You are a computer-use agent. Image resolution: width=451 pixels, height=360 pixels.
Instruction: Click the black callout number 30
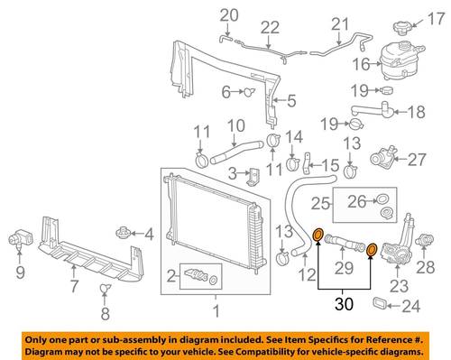point(345,304)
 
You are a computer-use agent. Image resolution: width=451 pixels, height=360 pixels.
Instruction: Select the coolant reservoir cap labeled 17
point(402,27)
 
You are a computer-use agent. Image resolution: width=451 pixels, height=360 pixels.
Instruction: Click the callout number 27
point(417,160)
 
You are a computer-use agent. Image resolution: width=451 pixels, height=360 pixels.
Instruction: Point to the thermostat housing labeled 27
point(382,156)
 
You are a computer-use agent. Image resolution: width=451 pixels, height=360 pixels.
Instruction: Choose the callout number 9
point(20,272)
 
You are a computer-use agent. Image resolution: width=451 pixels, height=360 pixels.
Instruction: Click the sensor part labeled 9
point(20,237)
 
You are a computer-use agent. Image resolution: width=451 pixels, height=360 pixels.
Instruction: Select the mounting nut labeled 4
point(123,233)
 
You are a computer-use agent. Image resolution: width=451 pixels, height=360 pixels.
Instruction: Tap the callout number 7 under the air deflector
point(74,286)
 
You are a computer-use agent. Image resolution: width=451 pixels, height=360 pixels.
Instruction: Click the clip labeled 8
point(105,290)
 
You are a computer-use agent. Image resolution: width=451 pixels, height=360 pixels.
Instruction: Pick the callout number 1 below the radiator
point(216,311)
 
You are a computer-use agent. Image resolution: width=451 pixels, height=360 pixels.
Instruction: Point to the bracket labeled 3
point(253,177)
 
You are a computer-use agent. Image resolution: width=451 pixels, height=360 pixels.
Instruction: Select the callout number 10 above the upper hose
point(235,125)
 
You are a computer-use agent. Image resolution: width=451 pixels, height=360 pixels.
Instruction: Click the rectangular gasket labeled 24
point(380,303)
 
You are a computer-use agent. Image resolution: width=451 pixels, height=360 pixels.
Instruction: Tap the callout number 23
point(399,286)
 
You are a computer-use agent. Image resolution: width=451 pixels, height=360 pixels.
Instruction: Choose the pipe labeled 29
point(345,243)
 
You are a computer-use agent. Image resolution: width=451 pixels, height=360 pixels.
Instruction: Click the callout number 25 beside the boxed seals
point(321,204)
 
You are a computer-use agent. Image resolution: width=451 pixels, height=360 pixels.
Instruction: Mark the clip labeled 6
point(249,91)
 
